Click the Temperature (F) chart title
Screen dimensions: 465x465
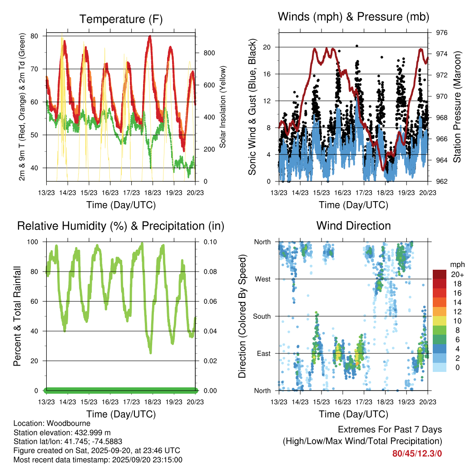pos(120,19)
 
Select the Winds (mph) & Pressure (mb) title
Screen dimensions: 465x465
pos(353,17)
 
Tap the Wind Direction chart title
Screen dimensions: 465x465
pos(353,226)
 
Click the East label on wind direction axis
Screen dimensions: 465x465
pos(263,353)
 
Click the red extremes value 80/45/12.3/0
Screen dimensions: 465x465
pos(417,453)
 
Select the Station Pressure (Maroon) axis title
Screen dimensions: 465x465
pos(457,107)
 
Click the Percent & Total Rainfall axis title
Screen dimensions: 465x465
pos(18,317)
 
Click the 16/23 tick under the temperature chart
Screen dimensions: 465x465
pos(110,193)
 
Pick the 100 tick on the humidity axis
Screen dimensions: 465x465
pos(38,242)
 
